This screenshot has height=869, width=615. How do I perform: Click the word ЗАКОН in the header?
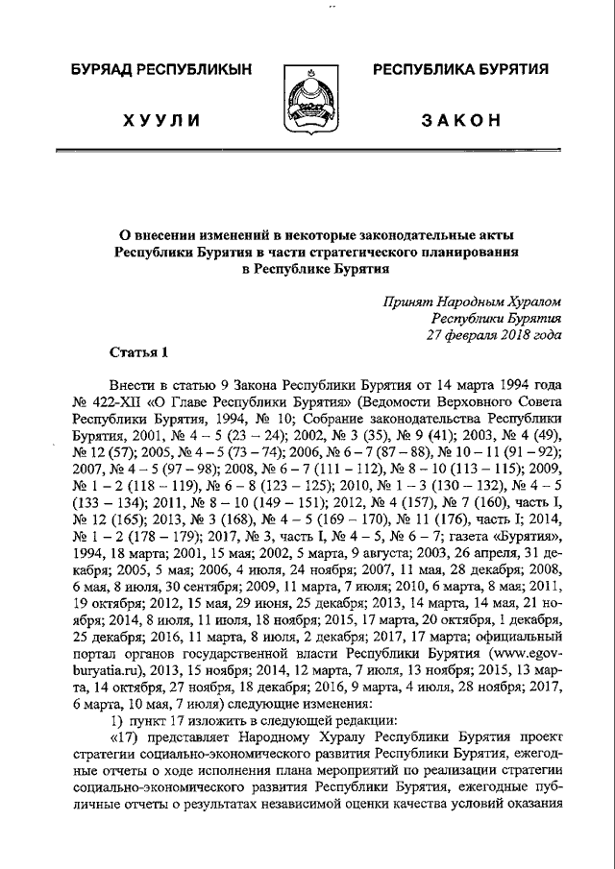(x=460, y=119)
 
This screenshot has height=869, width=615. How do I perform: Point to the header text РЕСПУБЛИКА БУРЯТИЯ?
(x=460, y=69)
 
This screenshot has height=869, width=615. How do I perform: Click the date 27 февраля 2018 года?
(x=493, y=335)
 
